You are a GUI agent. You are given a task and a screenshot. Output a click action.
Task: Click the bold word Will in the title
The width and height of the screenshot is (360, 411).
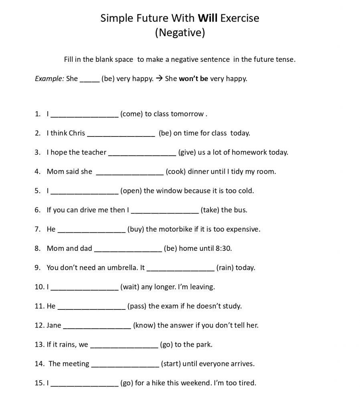click(x=207, y=18)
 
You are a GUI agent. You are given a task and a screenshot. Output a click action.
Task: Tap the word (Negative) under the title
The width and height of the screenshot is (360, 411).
click(x=180, y=33)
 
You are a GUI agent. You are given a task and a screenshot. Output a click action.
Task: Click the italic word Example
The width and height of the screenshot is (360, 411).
click(x=49, y=79)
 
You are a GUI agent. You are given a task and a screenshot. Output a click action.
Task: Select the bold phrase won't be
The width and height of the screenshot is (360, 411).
click(x=193, y=79)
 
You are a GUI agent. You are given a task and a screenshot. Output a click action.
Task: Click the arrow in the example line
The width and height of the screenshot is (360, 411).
click(x=159, y=79)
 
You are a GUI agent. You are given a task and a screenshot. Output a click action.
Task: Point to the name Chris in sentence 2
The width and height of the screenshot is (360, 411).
click(x=77, y=133)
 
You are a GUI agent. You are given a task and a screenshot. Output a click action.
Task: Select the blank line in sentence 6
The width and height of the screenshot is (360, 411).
click(x=165, y=212)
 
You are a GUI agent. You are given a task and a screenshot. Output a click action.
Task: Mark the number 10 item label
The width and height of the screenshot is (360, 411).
click(x=39, y=287)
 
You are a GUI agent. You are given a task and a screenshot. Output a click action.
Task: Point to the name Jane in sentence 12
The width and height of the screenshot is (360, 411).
click(x=54, y=326)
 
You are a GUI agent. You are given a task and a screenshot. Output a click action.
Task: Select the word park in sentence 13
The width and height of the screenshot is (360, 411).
click(x=204, y=345)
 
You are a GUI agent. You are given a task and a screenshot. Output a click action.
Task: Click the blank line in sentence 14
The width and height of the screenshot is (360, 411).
click(x=125, y=366)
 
